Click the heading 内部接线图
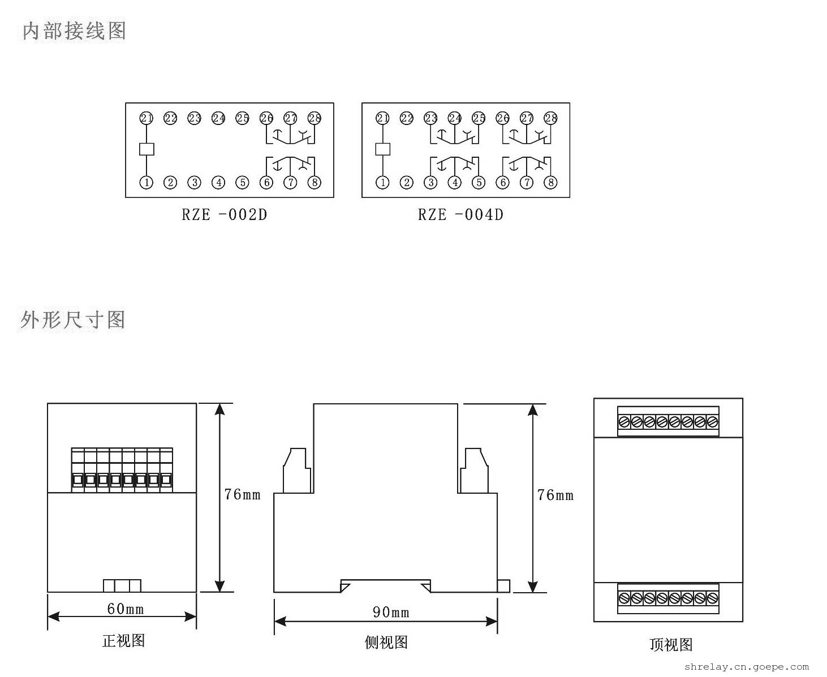(74, 31)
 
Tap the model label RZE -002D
(224, 215)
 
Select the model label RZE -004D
(460, 215)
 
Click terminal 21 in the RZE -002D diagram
(147, 118)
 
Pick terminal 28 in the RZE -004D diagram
(550, 118)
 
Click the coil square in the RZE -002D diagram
(147, 149)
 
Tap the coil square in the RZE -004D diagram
(383, 149)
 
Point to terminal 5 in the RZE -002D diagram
(242, 183)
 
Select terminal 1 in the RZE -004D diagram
(383, 183)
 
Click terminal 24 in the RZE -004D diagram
(455, 118)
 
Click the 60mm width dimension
(125, 609)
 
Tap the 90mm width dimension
(391, 612)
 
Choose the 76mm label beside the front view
(242, 495)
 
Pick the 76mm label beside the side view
(555, 495)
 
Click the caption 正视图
(123, 640)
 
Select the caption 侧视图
(386, 642)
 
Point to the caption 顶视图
(671, 645)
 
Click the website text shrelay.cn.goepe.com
(747, 667)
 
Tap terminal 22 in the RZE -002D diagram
(170, 118)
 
